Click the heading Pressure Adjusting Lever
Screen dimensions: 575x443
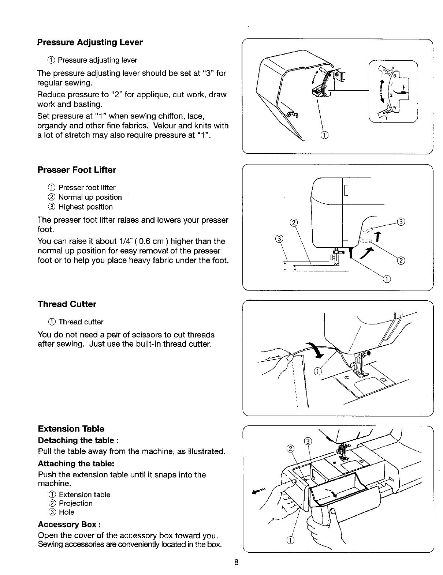(x=90, y=42)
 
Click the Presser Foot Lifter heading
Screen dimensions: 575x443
(x=77, y=170)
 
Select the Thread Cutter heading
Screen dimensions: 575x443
(x=67, y=304)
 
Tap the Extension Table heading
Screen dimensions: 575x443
(x=71, y=429)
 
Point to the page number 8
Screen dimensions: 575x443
(x=237, y=563)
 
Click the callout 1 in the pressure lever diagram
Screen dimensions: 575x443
(x=324, y=135)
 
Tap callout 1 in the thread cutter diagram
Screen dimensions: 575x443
(x=317, y=372)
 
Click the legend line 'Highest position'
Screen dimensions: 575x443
(x=85, y=207)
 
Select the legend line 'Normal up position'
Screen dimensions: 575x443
(x=90, y=198)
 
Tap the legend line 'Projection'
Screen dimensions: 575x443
(x=75, y=503)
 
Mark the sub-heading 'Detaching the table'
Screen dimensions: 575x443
(x=78, y=440)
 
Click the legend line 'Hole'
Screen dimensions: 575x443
(x=66, y=512)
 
